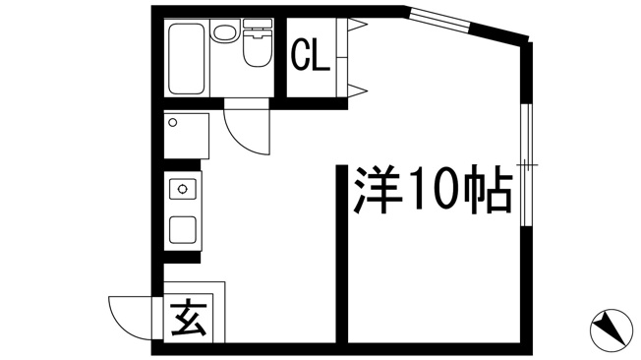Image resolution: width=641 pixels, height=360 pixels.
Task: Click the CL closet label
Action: click(310, 55)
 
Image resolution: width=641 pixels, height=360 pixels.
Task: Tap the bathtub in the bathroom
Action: click(187, 58)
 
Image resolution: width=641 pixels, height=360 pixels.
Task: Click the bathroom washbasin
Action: click(224, 31)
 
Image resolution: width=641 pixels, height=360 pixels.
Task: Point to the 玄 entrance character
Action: click(188, 317)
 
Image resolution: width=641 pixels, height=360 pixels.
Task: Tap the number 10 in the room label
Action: click(433, 189)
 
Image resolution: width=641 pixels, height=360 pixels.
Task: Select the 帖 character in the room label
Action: click(488, 190)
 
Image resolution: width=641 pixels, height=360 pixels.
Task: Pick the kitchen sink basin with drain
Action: click(182, 189)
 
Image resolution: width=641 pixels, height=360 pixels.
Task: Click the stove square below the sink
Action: click(182, 230)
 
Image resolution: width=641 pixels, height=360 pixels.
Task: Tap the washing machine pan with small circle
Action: click(187, 136)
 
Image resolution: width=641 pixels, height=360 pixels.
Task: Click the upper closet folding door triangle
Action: click(357, 25)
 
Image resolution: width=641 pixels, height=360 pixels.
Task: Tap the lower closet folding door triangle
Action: click(357, 90)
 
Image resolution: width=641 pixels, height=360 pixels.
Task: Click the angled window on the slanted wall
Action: click(440, 20)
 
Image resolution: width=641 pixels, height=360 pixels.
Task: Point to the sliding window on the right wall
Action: click(527, 165)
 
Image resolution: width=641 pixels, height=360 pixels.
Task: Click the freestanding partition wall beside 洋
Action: click(342, 254)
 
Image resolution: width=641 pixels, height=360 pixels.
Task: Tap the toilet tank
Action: click(258, 24)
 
